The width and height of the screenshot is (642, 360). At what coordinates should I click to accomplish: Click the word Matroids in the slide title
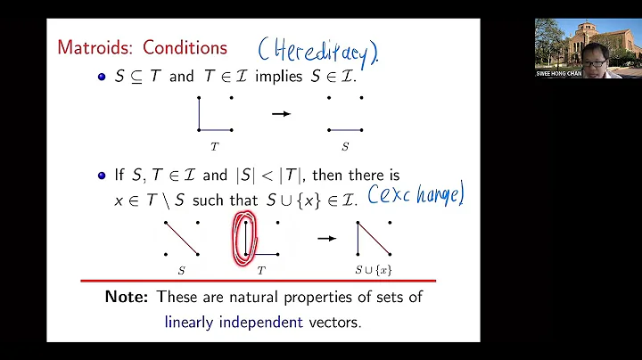point(92,46)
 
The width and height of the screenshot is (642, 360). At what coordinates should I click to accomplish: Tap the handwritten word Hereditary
point(317,50)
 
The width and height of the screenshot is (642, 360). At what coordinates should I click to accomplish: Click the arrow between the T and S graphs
point(281,113)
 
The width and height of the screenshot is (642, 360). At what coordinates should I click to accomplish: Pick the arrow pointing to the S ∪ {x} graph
point(327,238)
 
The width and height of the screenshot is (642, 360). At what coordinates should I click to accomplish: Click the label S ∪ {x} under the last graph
point(374,268)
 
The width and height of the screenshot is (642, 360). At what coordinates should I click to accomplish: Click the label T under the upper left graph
point(214,145)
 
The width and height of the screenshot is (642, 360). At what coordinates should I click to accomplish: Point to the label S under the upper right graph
point(345,145)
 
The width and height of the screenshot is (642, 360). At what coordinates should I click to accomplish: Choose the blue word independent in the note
point(265,321)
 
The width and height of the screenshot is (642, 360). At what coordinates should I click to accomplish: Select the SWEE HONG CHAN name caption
point(558,73)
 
